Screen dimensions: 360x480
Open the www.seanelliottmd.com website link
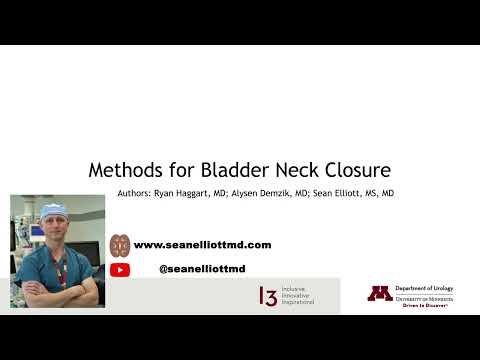click(x=202, y=244)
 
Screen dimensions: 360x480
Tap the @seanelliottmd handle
click(x=201, y=269)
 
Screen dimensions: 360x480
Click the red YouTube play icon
click(x=120, y=269)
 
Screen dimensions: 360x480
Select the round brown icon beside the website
click(x=120, y=244)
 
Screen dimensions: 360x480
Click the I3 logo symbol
click(x=268, y=295)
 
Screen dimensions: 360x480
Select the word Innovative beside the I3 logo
click(x=297, y=295)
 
